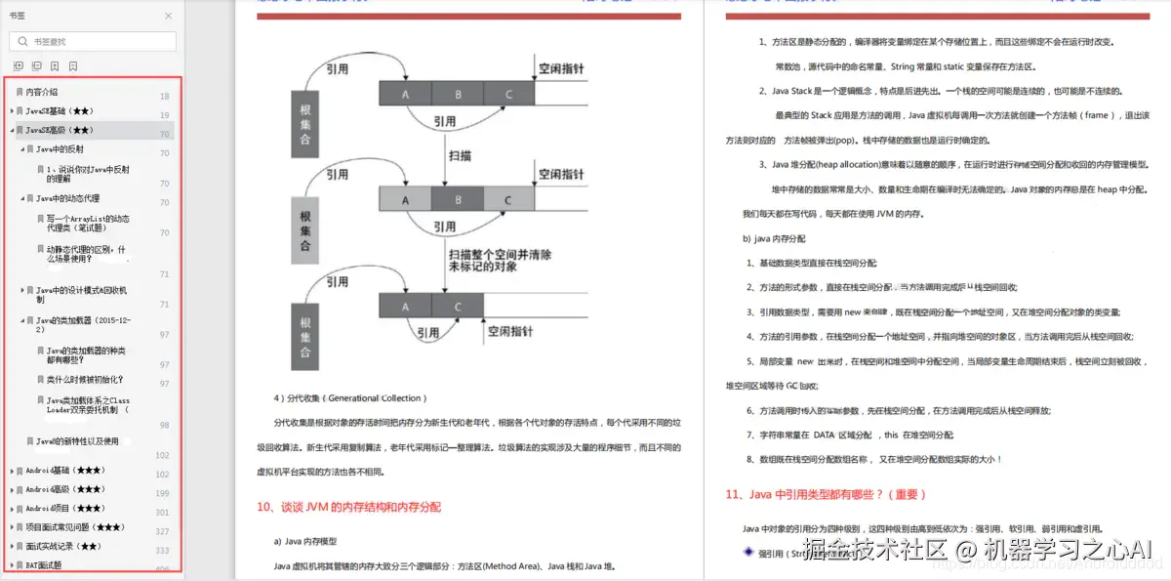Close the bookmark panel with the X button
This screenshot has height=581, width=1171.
point(168,16)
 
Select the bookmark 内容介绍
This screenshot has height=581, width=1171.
point(42,92)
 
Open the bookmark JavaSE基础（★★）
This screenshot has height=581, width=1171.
point(60,111)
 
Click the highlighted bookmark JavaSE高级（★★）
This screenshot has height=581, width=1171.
point(60,130)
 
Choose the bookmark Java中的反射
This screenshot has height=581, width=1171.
point(60,149)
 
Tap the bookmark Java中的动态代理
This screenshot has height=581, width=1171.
point(67,198)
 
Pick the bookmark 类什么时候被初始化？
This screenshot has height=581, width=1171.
point(85,379)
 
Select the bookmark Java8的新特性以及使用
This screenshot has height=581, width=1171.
point(77,441)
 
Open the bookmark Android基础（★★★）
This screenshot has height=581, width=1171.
point(64,471)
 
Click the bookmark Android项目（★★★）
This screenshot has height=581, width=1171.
point(64,508)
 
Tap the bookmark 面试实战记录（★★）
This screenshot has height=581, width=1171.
point(63,546)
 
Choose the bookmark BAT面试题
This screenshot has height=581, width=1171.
point(43,564)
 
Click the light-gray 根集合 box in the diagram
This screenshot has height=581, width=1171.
point(304,227)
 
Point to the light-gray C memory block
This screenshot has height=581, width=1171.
point(507,200)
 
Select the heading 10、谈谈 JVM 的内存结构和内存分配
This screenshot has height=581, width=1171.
point(348,507)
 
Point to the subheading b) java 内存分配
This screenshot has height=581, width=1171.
point(774,238)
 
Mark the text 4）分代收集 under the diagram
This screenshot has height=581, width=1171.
point(348,398)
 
